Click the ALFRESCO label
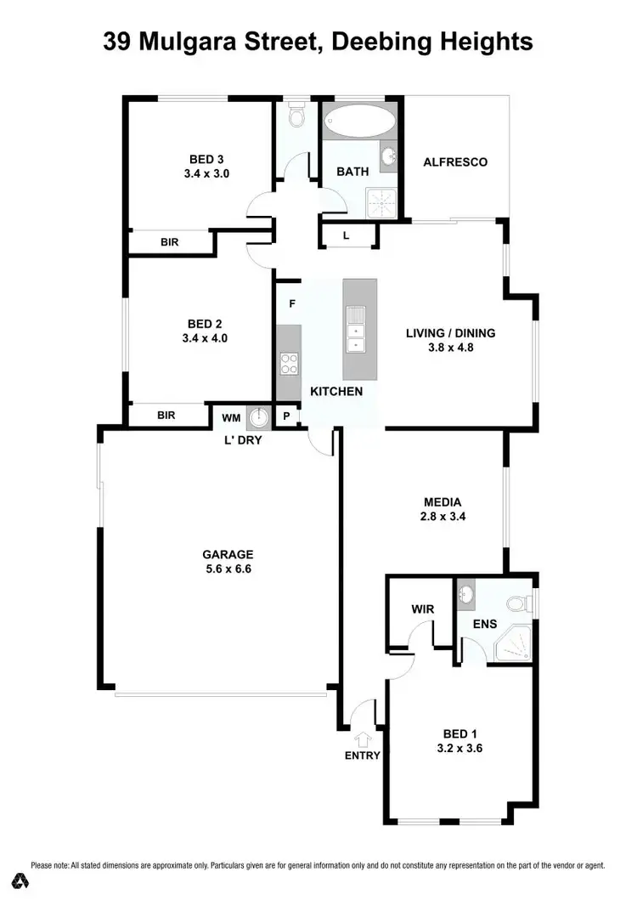455,161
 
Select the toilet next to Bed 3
296,116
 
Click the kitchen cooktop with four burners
289,363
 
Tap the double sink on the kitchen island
354,331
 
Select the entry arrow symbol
364,738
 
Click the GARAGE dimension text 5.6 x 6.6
222,569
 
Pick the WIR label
422,609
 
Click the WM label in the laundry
230,417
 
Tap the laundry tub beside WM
257,417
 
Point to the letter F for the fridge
291,303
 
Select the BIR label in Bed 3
170,242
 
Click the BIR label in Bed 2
166,416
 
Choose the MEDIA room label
444,501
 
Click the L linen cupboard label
346,235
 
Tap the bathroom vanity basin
388,157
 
